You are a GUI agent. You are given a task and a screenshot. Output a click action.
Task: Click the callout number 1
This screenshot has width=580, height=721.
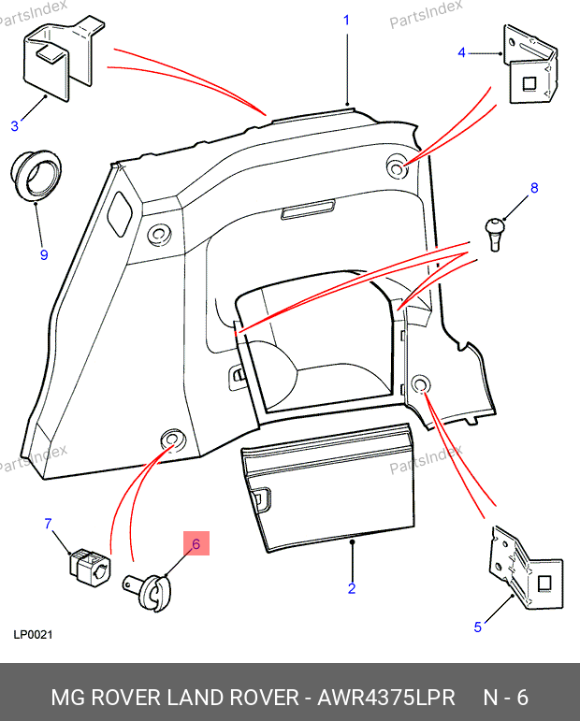[346, 20]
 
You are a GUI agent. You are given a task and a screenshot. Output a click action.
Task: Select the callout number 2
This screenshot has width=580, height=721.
[352, 588]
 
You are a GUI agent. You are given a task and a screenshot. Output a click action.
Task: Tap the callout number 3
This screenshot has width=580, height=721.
[15, 126]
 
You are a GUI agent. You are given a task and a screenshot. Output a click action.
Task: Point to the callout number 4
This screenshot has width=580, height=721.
[461, 53]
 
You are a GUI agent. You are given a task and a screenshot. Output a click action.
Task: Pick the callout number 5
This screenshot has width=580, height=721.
[477, 627]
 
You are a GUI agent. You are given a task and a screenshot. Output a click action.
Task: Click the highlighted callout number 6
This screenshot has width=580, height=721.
[196, 543]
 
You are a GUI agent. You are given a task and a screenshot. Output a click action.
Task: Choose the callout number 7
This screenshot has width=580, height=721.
[49, 524]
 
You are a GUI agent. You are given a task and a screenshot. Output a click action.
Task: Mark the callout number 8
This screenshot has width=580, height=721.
[534, 188]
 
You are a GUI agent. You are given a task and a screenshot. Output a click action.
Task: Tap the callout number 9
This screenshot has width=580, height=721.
[43, 254]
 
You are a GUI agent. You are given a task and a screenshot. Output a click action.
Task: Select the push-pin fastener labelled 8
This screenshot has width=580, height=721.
[496, 231]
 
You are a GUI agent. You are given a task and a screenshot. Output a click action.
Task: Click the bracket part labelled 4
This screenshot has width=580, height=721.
[532, 67]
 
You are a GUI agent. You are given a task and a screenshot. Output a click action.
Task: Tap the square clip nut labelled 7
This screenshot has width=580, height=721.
[89, 565]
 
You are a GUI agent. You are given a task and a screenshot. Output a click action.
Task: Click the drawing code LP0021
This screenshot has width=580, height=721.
[33, 635]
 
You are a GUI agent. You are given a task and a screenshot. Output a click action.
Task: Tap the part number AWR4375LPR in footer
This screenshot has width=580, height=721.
[386, 698]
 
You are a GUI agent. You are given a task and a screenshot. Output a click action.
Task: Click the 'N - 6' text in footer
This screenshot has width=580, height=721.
[506, 698]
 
